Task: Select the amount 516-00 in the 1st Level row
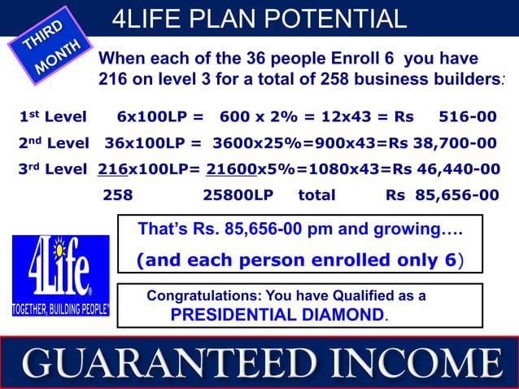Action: click(x=467, y=118)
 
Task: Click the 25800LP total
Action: click(x=238, y=195)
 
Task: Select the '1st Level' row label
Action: click(x=53, y=118)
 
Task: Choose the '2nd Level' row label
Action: click(x=55, y=144)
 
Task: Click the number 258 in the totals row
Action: click(x=118, y=195)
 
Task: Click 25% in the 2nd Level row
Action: click(x=274, y=144)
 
